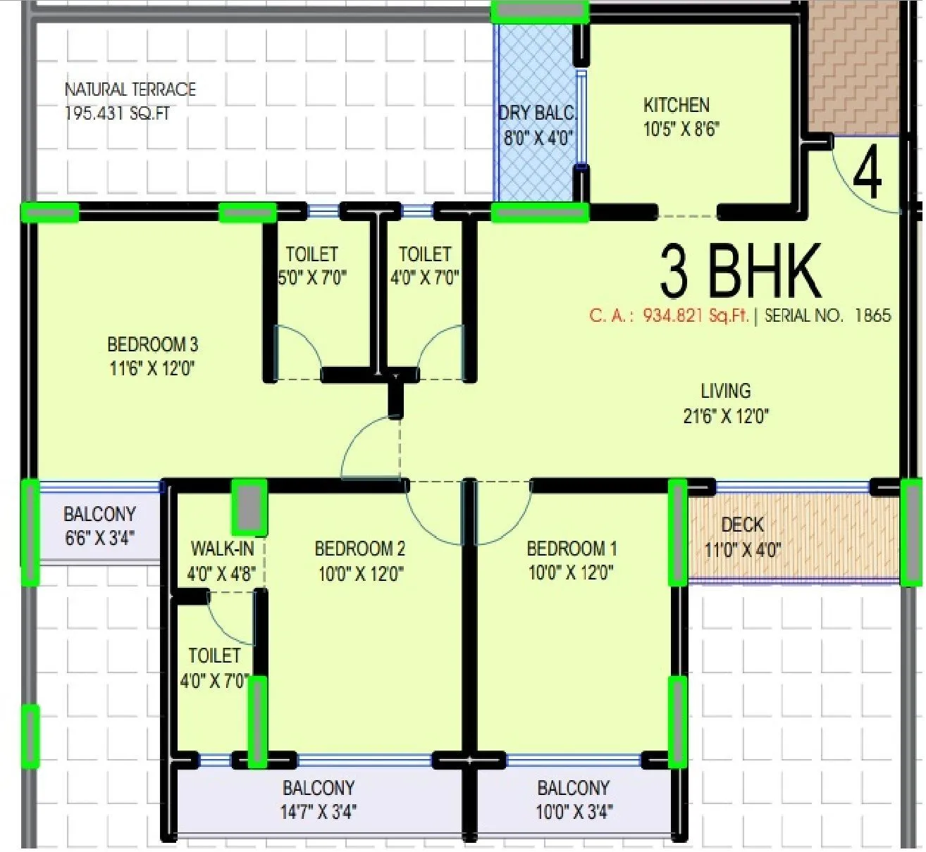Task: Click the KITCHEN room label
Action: click(676, 106)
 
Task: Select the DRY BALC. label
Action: click(537, 113)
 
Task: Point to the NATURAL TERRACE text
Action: click(130, 90)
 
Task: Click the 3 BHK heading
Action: click(740, 272)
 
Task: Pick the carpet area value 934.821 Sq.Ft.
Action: click(695, 315)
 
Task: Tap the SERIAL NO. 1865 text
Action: click(827, 315)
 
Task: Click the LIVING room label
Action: click(725, 391)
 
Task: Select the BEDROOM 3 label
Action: click(152, 344)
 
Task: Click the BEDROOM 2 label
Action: click(359, 549)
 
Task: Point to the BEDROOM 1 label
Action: click(572, 549)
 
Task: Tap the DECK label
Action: click(742, 525)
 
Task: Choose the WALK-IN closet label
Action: click(222, 549)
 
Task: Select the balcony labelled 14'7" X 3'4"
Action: click(319, 799)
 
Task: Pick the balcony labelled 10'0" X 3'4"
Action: click(573, 799)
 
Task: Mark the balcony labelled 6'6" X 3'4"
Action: click(99, 526)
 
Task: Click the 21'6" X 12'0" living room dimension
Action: click(725, 416)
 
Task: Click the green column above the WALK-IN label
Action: click(249, 506)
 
